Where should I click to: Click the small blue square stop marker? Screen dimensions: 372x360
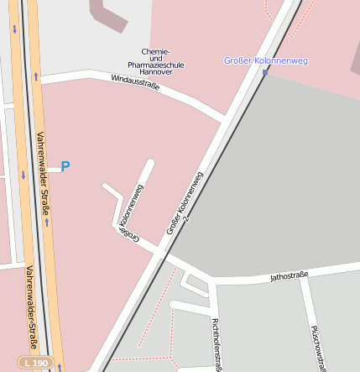click(265, 73)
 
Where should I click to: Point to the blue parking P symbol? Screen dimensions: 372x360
click(65, 166)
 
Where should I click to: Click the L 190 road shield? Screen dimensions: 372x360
click(37, 362)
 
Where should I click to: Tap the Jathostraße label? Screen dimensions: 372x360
click(289, 275)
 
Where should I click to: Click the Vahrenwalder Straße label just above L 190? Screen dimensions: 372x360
click(32, 307)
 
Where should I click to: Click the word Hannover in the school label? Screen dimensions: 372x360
click(155, 72)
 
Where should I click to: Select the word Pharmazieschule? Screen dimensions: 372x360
click(155, 64)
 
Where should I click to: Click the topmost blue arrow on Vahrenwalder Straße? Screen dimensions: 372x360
click(14, 29)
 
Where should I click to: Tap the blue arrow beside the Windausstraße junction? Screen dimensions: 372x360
click(36, 76)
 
